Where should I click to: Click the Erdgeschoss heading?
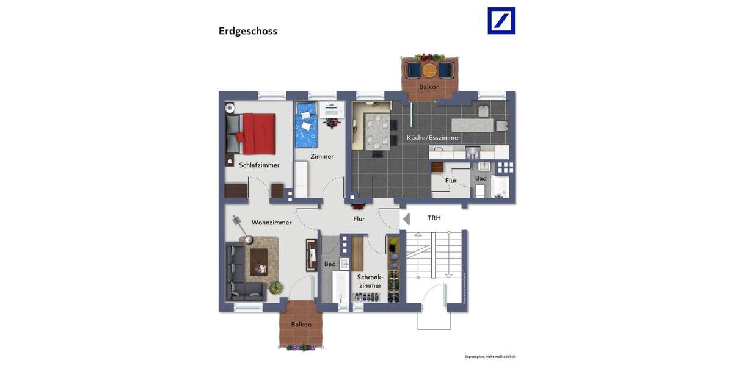pos(247,31)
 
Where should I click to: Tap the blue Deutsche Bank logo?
pos(501,21)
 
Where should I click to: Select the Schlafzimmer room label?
pos(259,165)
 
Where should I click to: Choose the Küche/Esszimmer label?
pos(433,138)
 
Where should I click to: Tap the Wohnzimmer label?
pos(271,223)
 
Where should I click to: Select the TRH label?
pos(434,218)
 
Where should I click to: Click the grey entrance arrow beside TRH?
pos(406,218)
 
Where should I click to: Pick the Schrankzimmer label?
pos(370,281)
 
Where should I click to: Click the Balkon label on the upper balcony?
pos(429,87)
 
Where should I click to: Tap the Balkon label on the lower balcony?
pos(301,325)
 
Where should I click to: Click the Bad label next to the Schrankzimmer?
pos(330,264)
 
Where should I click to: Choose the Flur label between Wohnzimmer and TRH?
pos(359,218)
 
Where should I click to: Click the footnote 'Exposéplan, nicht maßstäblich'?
pos(489,356)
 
